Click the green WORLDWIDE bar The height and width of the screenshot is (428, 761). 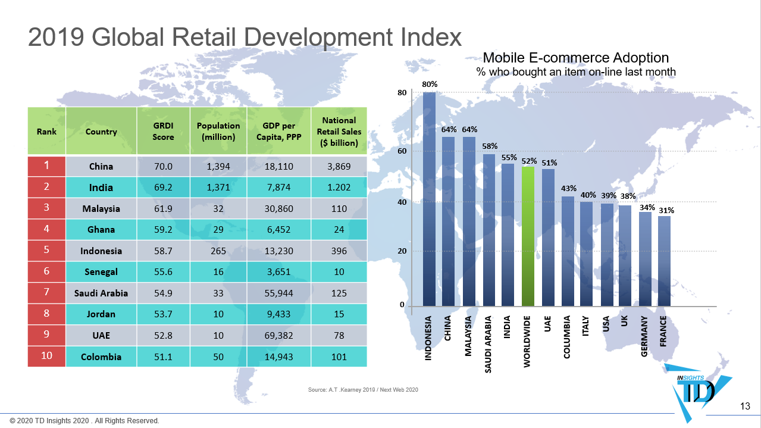[528, 236]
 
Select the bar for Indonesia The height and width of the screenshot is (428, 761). [429, 199]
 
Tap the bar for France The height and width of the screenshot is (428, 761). [664, 261]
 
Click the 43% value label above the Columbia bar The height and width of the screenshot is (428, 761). [568, 188]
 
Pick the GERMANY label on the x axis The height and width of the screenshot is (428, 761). [644, 336]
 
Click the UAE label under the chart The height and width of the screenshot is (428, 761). [547, 323]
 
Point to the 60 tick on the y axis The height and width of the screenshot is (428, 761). [402, 151]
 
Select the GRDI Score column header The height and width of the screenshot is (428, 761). [163, 132]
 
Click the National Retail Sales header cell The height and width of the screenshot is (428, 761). [339, 132]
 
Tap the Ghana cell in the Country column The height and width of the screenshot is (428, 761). [101, 230]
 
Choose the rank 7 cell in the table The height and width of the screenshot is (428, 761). [46, 292]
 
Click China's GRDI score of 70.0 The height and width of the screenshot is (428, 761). [163, 167]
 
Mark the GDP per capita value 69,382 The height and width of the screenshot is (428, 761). [278, 336]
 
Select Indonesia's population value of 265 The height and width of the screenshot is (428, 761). [218, 251]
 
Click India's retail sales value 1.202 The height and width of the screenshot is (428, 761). [339, 188]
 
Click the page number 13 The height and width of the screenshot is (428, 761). [745, 407]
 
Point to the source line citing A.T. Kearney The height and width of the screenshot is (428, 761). [363, 390]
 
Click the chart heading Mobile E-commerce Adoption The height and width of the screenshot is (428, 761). [575, 58]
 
